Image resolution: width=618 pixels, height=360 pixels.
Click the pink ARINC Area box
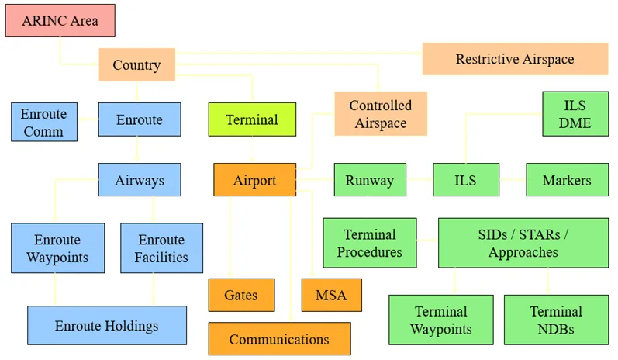click(x=60, y=20)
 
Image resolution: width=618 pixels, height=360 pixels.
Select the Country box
click(x=136, y=64)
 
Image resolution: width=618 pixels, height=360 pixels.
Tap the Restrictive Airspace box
click(x=514, y=59)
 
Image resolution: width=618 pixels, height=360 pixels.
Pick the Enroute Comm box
click(x=44, y=122)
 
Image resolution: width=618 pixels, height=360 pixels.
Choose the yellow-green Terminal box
click(x=252, y=119)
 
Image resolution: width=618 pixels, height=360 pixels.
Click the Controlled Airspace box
click(x=381, y=113)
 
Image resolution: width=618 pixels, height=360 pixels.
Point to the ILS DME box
click(x=575, y=113)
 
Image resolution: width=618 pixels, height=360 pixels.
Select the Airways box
click(x=140, y=180)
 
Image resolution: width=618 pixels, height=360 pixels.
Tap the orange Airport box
click(x=254, y=180)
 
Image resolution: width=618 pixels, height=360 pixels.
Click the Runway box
click(x=369, y=180)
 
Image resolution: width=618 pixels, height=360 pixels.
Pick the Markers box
click(x=567, y=180)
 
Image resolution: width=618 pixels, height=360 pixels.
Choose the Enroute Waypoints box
click(x=57, y=247)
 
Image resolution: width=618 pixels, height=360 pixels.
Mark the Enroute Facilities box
click(x=161, y=248)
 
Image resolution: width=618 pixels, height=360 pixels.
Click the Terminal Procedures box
click(x=369, y=243)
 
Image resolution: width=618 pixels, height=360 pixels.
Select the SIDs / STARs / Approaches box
click(x=518, y=243)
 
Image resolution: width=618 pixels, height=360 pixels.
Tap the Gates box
click(x=240, y=295)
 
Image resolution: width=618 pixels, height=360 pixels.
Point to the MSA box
click(x=331, y=295)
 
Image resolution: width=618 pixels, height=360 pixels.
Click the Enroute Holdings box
click(x=107, y=325)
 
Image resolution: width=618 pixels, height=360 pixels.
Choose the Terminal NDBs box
click(x=555, y=320)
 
